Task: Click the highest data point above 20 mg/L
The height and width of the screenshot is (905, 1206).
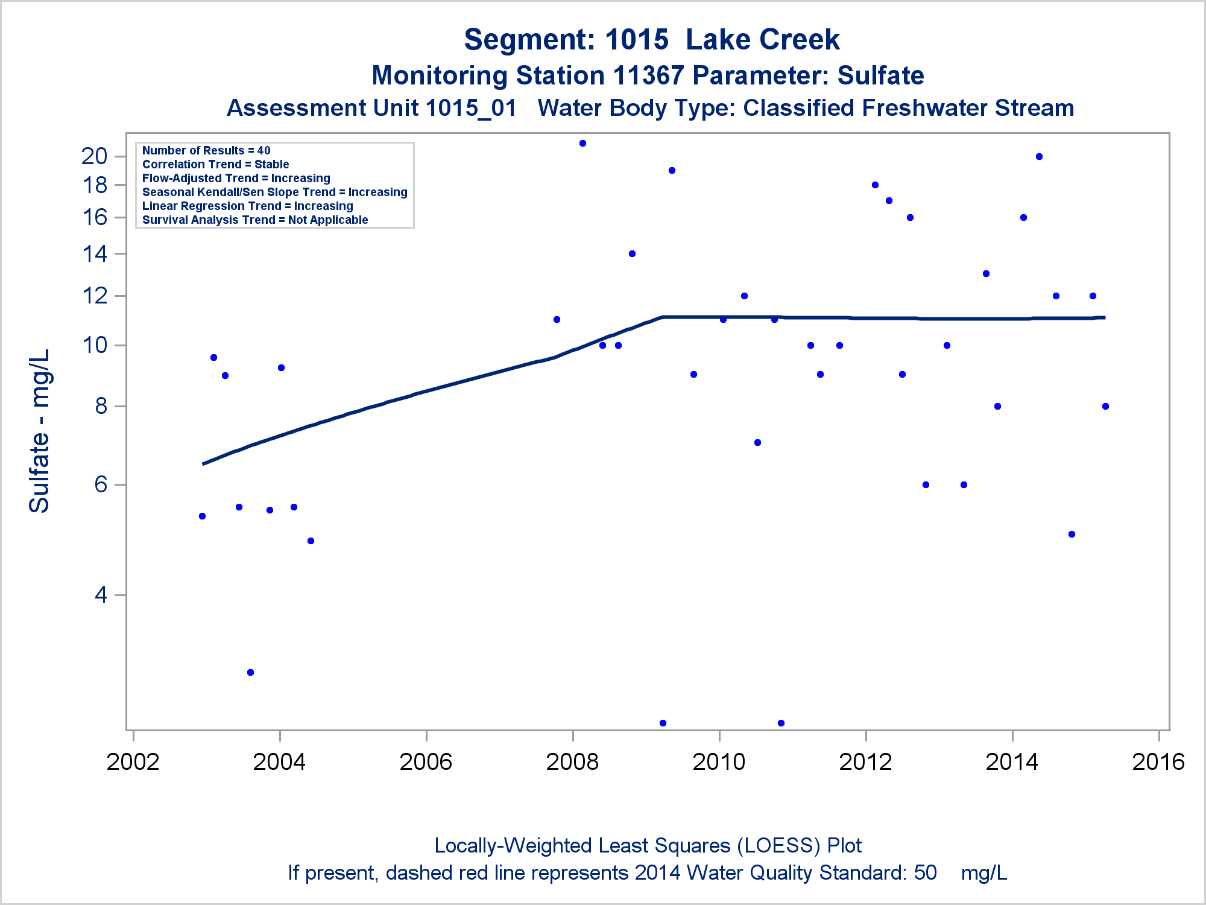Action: pos(582,144)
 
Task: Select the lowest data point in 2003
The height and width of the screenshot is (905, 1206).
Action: pos(251,672)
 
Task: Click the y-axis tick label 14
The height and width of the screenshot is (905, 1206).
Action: pos(95,254)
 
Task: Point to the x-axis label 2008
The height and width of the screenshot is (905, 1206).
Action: pos(572,762)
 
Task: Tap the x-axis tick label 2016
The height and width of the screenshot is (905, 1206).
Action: pos(1158,762)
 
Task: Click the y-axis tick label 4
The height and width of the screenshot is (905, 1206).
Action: pos(101,595)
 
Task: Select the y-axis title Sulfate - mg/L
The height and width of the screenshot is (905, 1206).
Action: pos(40,431)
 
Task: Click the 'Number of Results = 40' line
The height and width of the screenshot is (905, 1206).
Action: pos(206,150)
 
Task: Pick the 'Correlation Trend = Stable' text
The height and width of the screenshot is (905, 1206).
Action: pos(215,164)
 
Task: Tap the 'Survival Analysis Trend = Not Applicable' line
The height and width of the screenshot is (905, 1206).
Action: pos(255,220)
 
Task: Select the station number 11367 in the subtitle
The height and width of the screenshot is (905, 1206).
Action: pos(648,76)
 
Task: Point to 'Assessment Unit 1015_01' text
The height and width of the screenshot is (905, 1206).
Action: pos(371,109)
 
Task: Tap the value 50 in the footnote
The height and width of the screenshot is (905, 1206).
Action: pos(925,873)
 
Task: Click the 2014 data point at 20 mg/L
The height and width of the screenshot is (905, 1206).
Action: pos(1039,157)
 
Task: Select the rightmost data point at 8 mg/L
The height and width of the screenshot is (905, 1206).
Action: pos(1105,407)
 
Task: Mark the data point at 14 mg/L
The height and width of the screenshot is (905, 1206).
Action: pos(632,254)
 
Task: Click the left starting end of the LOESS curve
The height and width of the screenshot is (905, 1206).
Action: pos(204,463)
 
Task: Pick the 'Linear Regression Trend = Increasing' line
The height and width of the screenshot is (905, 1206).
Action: pos(247,206)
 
